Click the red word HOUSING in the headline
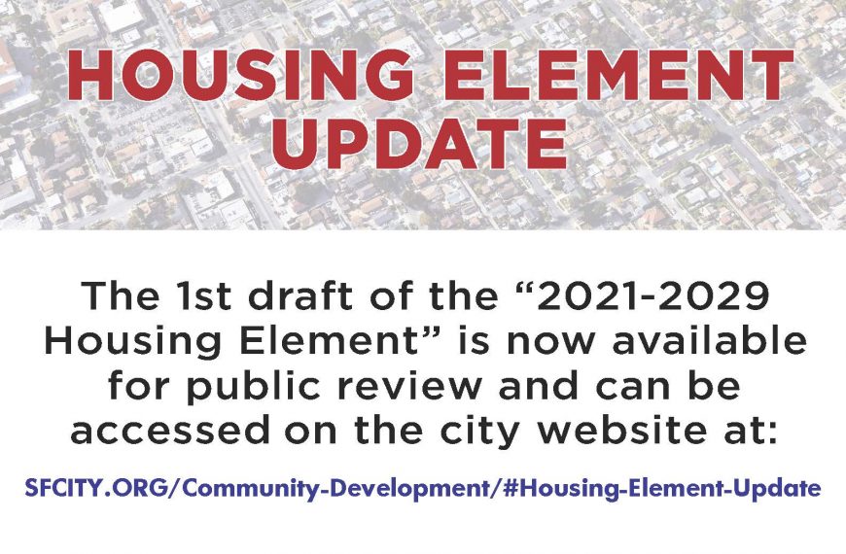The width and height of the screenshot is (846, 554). click(x=240, y=76)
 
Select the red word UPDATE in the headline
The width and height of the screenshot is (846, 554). click(x=419, y=143)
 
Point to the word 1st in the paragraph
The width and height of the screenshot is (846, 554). click(x=199, y=296)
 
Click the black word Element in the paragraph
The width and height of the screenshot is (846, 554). click(x=322, y=341)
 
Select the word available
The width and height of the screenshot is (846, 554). click(x=710, y=341)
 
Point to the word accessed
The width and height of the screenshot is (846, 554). click(x=169, y=431)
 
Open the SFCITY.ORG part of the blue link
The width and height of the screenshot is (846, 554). click(x=96, y=488)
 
